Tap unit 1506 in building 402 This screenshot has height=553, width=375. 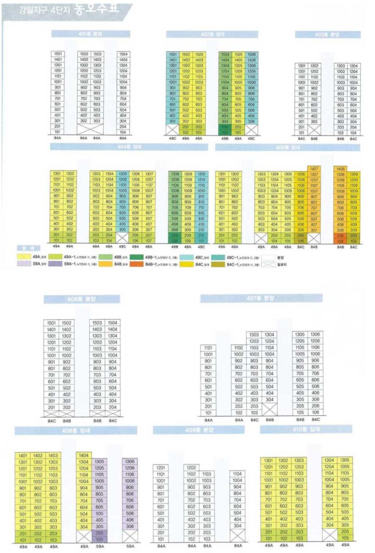251,55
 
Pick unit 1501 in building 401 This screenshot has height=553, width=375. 58,54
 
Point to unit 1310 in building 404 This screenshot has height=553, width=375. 201,174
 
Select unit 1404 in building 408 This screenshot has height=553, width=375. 84,455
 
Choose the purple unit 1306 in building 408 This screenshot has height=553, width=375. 130,462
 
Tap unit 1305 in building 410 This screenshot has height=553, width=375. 344,460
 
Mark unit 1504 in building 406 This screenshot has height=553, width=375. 112,322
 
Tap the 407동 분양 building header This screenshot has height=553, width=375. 261,298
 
